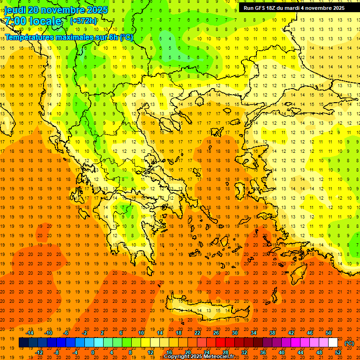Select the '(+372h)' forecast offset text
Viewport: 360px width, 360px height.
pyautogui.click(x=83, y=21)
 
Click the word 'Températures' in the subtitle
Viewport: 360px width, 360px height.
pyautogui.click(x=29, y=37)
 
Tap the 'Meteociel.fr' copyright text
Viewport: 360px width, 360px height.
pyautogui.click(x=219, y=357)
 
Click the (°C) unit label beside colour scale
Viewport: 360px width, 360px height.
pyautogui.click(x=349, y=343)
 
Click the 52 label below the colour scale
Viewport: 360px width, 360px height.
pyautogui.click(x=338, y=352)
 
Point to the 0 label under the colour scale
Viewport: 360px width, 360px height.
pyautogui.click(x=93, y=352)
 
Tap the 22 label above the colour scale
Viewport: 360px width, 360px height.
pyautogui.click(x=197, y=332)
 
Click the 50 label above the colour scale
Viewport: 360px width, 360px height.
pyautogui.click(x=329, y=332)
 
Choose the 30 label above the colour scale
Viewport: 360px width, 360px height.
pyautogui.click(x=235, y=332)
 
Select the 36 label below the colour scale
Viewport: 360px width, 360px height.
pyautogui.click(x=263, y=352)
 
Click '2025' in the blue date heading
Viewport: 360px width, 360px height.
pyautogui.click(x=97, y=10)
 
